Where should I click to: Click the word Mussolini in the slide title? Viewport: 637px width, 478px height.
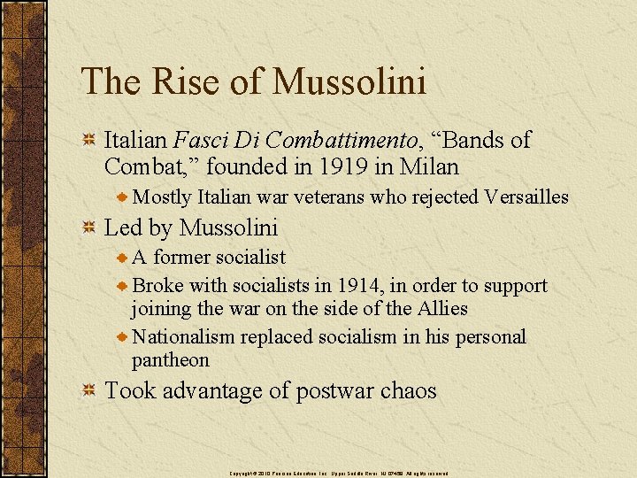pyautogui.click(x=349, y=81)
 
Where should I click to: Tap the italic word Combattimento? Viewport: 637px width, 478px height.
pyautogui.click(x=341, y=140)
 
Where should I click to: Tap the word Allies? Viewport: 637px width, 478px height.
pyautogui.click(x=440, y=309)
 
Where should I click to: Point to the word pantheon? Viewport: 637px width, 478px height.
pyautogui.click(x=171, y=360)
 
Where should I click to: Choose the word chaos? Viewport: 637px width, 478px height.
pyautogui.click(x=408, y=390)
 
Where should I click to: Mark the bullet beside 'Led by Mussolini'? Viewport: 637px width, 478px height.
pyautogui.click(x=88, y=228)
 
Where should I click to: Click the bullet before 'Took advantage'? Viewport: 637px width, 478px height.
pyautogui.click(x=88, y=391)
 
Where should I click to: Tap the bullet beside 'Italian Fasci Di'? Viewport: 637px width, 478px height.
pyautogui.click(x=88, y=140)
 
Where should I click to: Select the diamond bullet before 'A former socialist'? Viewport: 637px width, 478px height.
pyautogui.click(x=124, y=258)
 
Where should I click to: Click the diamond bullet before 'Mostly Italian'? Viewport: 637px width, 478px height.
pyautogui.click(x=124, y=197)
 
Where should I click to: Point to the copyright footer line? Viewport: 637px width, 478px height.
pyautogui.click(x=339, y=474)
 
